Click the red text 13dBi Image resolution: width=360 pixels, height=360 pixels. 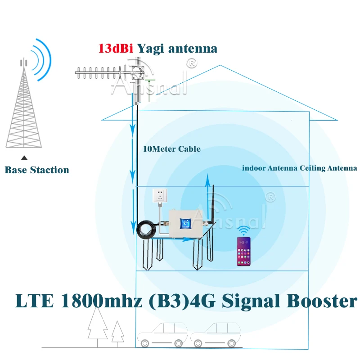click(x=116, y=49)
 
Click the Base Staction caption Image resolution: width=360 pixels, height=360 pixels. click(x=37, y=170)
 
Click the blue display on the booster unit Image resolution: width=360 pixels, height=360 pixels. click(x=184, y=223)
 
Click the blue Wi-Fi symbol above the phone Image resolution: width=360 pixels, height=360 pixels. click(x=244, y=231)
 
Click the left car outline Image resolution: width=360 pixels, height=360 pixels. click(x=163, y=335)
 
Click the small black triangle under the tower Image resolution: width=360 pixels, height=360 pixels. click(x=25, y=158)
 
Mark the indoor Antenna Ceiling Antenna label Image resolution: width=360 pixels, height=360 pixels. click(x=299, y=168)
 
